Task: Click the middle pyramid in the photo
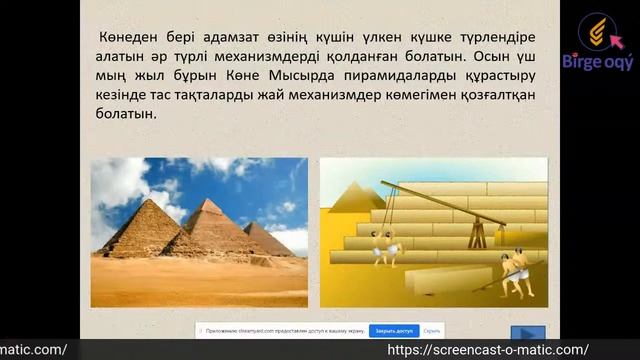(212, 225)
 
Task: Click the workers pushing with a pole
(515, 272)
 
